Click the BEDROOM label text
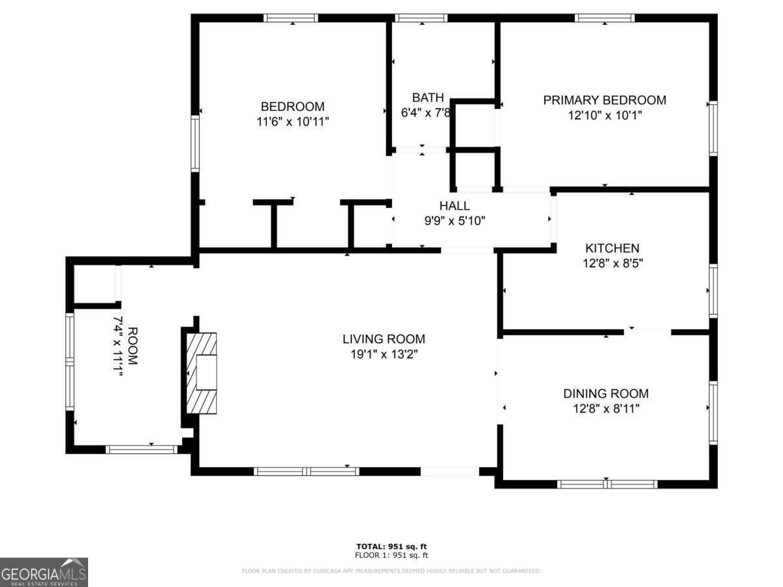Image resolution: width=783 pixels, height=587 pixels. click(292, 106)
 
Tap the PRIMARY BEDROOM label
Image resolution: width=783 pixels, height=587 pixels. click(604, 100)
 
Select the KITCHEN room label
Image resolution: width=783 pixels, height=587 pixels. click(611, 248)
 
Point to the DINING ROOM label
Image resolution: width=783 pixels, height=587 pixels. click(606, 393)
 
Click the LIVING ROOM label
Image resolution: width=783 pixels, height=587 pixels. click(384, 339)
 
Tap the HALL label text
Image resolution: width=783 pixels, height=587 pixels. click(454, 206)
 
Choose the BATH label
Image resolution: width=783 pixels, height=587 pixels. click(427, 97)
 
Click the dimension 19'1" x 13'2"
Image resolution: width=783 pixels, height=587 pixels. click(384, 354)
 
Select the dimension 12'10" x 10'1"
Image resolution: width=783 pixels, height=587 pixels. click(604, 115)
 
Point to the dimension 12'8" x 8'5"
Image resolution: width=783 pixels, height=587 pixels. click(611, 263)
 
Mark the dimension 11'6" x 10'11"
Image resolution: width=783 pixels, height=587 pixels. click(292, 121)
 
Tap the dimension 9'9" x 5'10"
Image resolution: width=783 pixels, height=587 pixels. click(454, 221)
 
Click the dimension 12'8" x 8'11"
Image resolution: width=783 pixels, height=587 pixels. click(606, 409)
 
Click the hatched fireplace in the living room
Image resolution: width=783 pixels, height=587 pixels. click(201, 372)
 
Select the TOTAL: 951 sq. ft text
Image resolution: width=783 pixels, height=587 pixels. click(391, 547)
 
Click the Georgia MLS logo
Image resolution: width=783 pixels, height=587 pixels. click(44, 572)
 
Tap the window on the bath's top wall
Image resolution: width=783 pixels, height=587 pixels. click(421, 18)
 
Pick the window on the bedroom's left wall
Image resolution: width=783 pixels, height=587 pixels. click(194, 143)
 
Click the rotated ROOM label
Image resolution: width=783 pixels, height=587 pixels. click(132, 346)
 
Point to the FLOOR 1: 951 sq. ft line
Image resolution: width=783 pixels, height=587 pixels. click(391, 556)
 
